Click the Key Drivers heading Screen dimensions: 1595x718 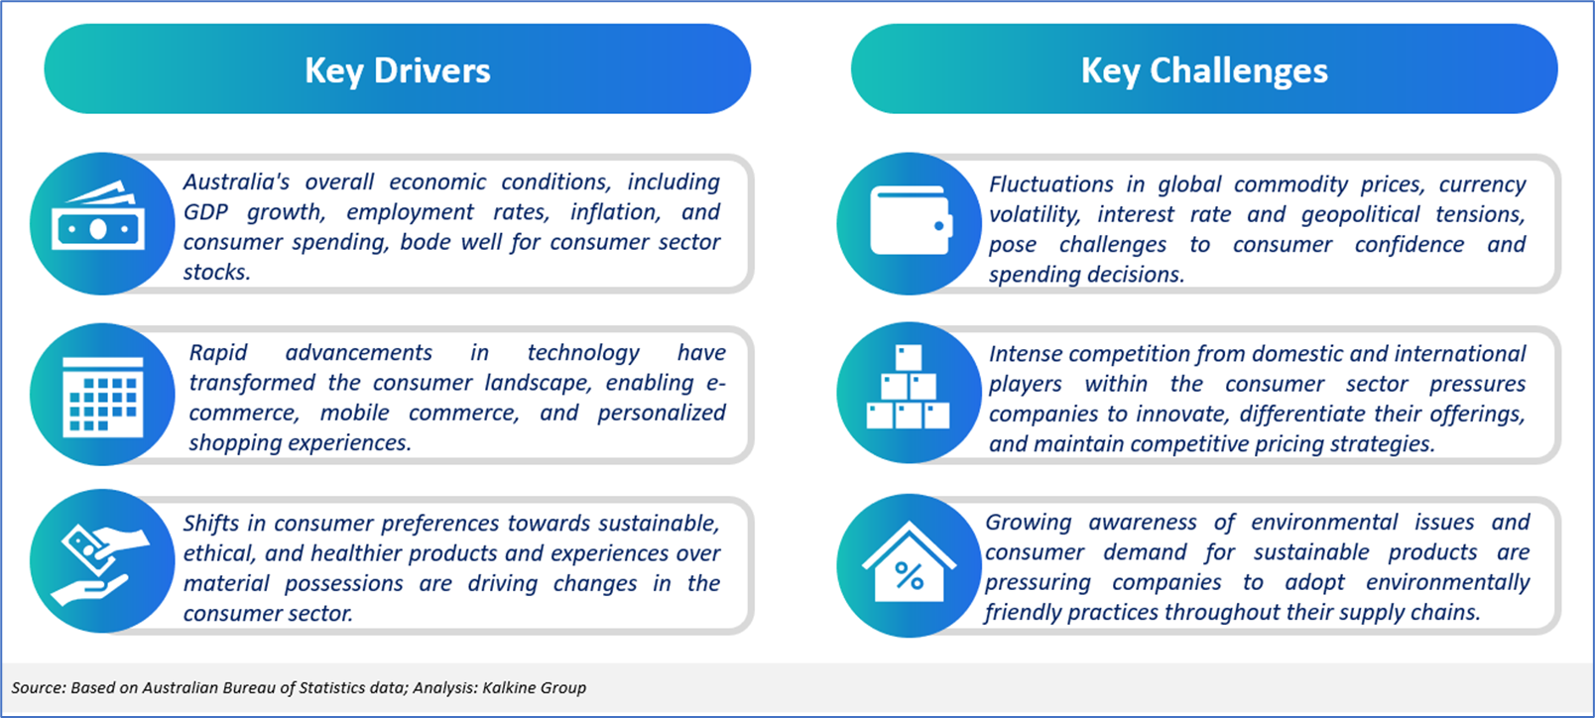398,70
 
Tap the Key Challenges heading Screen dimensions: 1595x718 1204,70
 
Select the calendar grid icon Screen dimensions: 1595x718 102,396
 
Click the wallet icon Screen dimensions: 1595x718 911,220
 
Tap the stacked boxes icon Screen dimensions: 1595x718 908,387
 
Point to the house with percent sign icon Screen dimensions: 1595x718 910,562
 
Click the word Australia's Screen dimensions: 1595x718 236,182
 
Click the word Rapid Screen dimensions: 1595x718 218,353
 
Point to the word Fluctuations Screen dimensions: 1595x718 1051,184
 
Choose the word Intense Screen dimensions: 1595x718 1026,354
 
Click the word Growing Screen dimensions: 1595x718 1029,523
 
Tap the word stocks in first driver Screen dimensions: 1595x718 216,272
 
